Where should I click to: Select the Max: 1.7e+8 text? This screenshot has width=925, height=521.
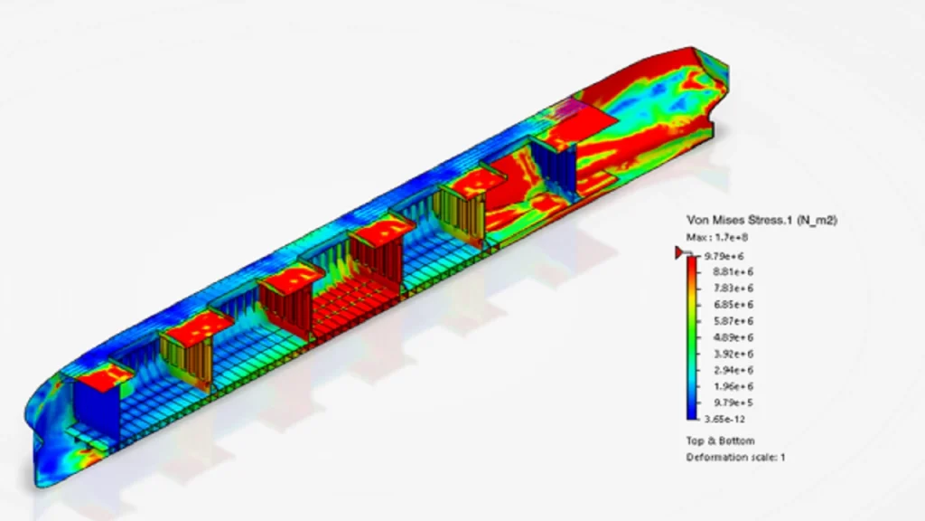click(x=716, y=238)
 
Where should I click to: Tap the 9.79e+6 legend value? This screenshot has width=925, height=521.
click(x=724, y=256)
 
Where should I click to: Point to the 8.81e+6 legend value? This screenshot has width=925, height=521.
click(x=733, y=272)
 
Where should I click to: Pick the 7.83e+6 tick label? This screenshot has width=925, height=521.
click(x=733, y=289)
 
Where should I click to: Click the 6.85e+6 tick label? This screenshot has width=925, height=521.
click(x=733, y=305)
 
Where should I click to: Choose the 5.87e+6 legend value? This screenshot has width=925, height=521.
click(x=733, y=321)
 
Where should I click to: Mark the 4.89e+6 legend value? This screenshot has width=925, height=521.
click(x=733, y=338)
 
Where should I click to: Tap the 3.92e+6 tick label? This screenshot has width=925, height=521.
click(x=733, y=355)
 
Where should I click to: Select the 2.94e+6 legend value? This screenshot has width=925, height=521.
click(x=733, y=370)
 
